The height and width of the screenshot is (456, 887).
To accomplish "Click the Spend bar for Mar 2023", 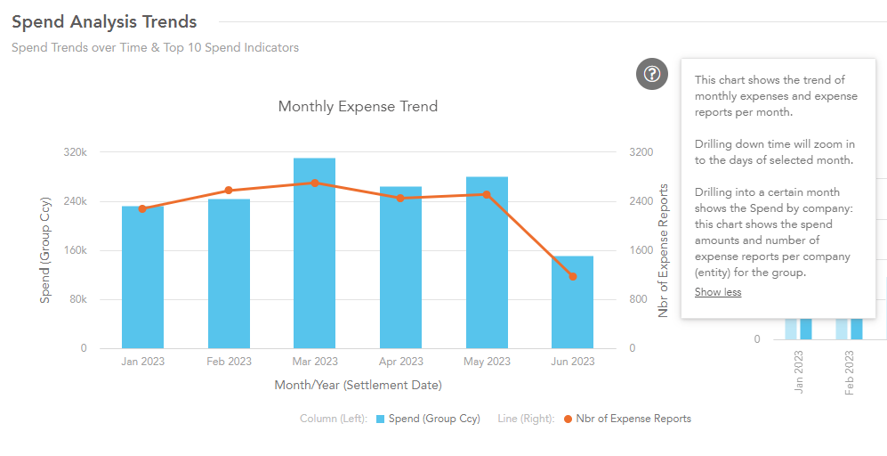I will point(314,254).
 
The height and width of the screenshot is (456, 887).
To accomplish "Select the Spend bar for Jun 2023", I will point(572,303).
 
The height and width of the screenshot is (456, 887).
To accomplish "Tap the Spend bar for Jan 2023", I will point(142,278).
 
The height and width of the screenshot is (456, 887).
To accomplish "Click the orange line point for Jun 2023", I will point(572,277).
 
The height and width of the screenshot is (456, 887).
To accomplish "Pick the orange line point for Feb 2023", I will point(229,191).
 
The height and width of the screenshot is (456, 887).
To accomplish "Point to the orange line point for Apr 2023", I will point(400,198).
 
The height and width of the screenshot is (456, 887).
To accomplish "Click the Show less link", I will point(717,292).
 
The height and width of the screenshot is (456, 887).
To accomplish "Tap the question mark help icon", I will point(652,73).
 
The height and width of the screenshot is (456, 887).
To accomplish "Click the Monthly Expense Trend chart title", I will point(358,107).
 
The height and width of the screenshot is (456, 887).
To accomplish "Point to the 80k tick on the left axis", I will point(77,299).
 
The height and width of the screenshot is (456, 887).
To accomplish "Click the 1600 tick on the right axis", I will point(641,250).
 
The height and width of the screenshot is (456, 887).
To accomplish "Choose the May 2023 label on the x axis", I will point(487,362).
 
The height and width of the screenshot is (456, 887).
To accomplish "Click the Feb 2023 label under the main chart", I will point(229,362).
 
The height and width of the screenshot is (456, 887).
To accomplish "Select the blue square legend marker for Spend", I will point(380,419).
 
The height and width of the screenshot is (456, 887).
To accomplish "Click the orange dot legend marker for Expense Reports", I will point(568,419).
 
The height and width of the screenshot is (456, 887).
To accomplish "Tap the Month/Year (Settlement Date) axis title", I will point(358,385).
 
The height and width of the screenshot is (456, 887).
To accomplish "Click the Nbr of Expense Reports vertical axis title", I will point(663,250).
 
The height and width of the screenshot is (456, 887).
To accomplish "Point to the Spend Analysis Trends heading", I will point(104,21).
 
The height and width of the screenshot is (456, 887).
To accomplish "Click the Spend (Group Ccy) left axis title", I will point(44,250).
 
